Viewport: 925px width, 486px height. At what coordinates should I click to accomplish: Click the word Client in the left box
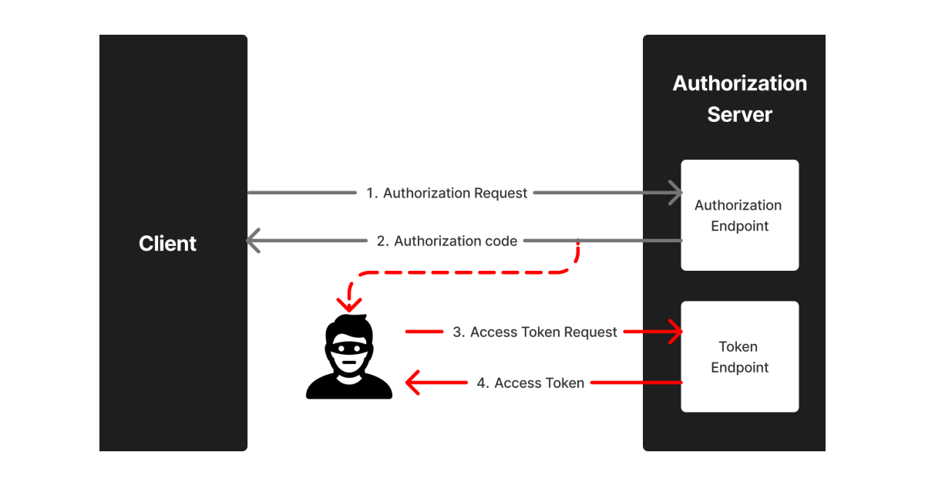pos(167,244)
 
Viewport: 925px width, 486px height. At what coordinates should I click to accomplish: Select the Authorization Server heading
pos(739,99)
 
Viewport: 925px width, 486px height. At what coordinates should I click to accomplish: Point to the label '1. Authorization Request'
pos(447,193)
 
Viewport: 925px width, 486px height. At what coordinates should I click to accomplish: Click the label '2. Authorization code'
pos(447,241)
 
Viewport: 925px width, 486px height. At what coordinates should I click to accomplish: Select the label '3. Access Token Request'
pos(535,332)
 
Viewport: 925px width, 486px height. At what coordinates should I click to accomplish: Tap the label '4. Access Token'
pos(530,383)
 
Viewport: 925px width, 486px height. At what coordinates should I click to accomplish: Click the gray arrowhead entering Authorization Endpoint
pos(676,193)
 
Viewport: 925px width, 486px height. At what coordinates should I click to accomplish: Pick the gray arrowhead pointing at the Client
pos(254,241)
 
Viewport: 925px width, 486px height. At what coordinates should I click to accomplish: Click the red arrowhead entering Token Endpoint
pos(676,332)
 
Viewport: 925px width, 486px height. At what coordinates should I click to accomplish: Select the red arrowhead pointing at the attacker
pos(413,383)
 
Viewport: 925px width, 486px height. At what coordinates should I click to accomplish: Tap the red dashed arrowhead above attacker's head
pos(349,305)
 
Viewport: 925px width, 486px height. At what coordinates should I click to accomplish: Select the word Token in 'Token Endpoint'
pos(738,347)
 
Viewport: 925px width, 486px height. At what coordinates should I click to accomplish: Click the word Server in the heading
pos(739,115)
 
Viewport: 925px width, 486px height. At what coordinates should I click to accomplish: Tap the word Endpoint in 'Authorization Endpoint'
pos(739,227)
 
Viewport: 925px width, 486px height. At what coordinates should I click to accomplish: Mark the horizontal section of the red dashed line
pos(462,272)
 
